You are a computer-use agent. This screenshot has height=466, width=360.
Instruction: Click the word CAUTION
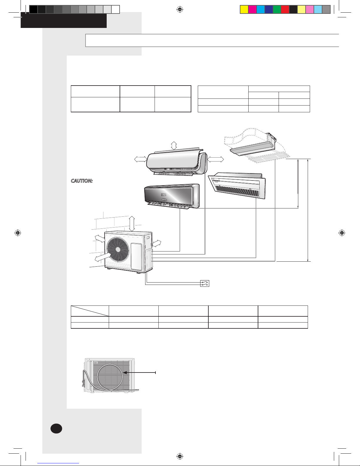[82, 181]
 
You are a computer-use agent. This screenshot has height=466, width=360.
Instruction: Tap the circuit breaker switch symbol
[205, 283]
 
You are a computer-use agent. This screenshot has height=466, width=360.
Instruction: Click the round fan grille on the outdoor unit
[118, 249]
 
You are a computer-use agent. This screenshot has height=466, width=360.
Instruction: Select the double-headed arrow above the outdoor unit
[132, 224]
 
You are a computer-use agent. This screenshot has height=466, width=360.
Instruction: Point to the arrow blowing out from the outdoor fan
[103, 257]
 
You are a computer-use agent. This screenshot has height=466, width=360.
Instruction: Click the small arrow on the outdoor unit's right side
[157, 243]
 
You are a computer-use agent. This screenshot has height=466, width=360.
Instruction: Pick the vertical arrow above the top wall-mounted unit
[174, 146]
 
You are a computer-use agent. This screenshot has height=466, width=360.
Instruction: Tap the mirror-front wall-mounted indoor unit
[172, 196]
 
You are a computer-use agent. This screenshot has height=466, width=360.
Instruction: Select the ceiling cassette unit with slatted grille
[237, 185]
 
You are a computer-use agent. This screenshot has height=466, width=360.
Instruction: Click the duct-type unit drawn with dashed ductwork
[255, 145]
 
